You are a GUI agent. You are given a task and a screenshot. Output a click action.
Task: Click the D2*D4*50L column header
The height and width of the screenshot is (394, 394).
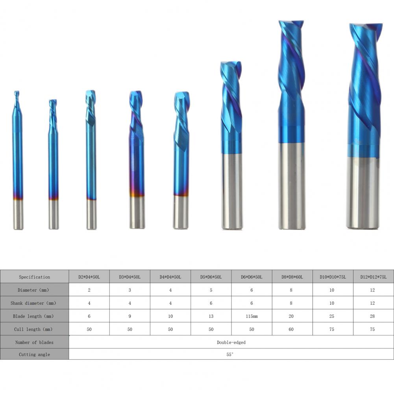point(89,277)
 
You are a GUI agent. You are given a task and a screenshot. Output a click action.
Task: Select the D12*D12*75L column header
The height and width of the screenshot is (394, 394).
point(374,277)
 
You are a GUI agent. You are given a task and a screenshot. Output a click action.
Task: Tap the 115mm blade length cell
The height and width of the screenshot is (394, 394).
point(252,316)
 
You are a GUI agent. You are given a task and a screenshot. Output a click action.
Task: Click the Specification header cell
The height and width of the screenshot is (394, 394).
point(34,277)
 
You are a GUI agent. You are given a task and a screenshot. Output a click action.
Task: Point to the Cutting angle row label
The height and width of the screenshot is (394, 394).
point(34,354)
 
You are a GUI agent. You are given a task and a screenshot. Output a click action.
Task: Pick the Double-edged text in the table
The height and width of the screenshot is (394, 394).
point(231,342)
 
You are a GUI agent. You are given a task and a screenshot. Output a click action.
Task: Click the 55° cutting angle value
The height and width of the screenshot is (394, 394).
point(229,354)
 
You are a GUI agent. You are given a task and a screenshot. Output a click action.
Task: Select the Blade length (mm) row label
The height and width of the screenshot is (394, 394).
point(33,316)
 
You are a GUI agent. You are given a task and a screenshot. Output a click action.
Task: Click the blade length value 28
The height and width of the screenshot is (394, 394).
point(372,316)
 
